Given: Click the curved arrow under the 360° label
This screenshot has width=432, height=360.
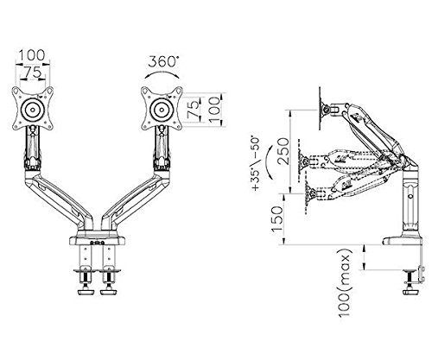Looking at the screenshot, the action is [162, 72].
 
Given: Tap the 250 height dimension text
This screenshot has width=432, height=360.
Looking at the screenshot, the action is [283, 151].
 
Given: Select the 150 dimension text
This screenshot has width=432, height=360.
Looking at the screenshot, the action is [277, 219].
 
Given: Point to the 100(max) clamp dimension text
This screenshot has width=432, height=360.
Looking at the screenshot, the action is [345, 282].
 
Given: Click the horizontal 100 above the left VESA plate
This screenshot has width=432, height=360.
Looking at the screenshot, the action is [32, 55].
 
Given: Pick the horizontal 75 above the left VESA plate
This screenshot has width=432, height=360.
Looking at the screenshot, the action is [32, 73].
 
